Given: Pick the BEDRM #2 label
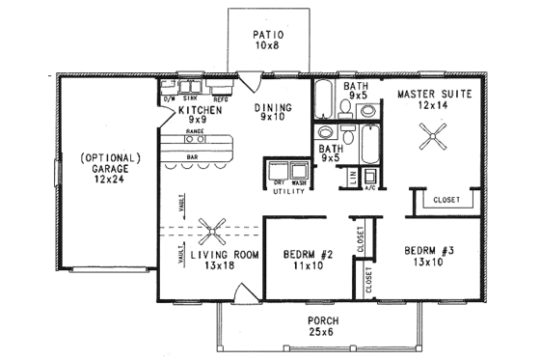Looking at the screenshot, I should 309,260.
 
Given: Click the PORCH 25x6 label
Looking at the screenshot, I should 318,325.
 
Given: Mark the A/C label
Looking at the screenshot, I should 371,188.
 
